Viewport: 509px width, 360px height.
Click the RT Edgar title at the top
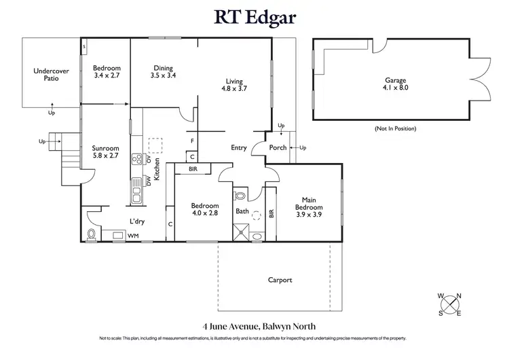click(x=255, y=16)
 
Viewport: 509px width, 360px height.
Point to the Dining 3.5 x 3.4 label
click(x=163, y=71)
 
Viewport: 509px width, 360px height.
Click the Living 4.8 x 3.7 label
click(x=234, y=84)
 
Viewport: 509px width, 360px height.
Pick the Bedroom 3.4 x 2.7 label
click(x=107, y=71)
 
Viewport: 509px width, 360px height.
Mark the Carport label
click(x=280, y=280)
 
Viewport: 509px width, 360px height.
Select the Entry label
click(x=239, y=147)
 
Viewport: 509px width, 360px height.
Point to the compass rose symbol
click(x=449, y=304)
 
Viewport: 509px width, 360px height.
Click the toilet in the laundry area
click(x=92, y=235)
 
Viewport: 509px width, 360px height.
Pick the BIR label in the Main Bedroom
click(x=271, y=213)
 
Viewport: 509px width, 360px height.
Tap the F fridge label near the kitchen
click(x=193, y=141)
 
